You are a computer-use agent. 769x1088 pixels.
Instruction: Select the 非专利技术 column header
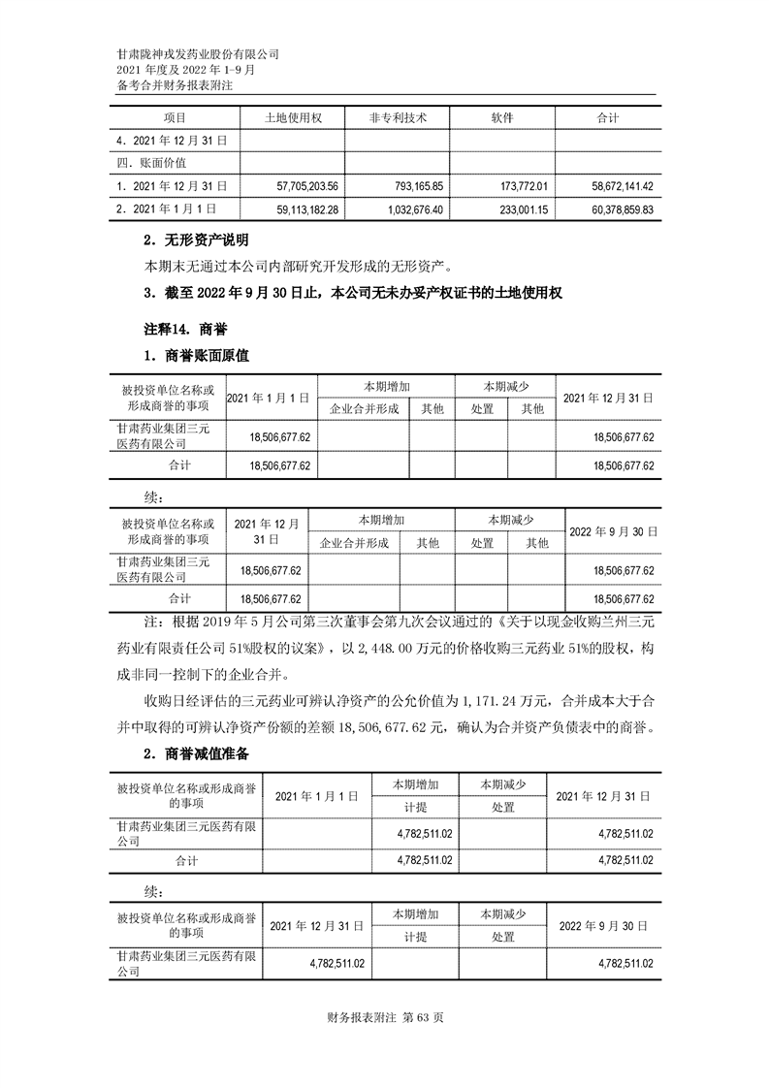(398, 117)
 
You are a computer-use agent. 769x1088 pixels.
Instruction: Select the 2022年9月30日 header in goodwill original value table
(613, 532)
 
